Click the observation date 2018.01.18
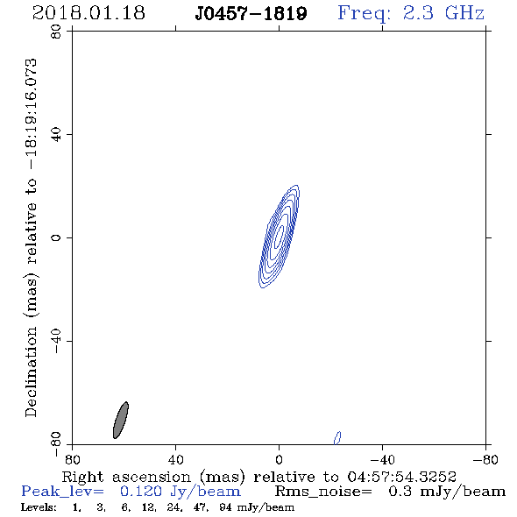(89, 13)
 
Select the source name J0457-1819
(251, 13)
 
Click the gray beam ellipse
(121, 420)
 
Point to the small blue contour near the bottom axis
(337, 438)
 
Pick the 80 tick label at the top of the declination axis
(56, 32)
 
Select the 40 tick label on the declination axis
(56, 135)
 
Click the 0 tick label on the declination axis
(56, 237)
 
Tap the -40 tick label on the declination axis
(56, 341)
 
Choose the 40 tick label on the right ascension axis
(175, 459)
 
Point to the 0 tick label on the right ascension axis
(279, 459)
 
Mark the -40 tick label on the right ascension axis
(382, 459)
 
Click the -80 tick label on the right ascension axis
(485, 459)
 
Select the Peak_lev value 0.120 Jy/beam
(181, 492)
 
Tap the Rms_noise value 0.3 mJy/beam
(447, 492)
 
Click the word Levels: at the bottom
(39, 506)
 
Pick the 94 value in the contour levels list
(226, 506)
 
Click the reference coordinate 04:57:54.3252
(402, 477)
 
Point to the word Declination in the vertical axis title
(31, 372)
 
